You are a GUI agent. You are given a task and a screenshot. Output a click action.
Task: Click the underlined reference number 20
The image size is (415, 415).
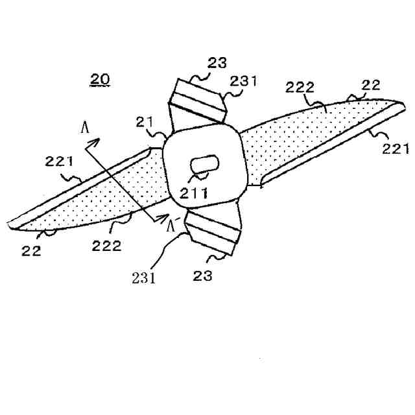(101, 80)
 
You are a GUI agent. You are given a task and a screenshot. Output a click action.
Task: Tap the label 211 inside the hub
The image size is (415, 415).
(194, 192)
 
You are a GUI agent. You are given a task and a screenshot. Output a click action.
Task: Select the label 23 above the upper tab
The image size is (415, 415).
(217, 63)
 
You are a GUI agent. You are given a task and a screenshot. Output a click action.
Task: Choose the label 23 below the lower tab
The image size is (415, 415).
(203, 275)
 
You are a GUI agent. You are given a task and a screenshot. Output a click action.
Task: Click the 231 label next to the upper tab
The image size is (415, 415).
(244, 82)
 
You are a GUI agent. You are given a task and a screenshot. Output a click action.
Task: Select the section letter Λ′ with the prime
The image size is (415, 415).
(171, 226)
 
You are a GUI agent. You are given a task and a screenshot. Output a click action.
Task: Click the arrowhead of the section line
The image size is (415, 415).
(96, 141)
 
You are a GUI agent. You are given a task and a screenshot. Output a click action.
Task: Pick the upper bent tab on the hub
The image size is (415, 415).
(198, 101)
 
